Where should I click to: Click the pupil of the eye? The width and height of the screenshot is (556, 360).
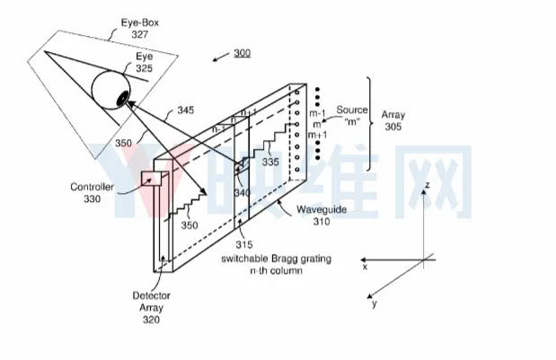[x=122, y=98]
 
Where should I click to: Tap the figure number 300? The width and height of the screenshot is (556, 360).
[x=243, y=53]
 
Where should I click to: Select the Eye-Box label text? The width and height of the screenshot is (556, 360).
[x=140, y=22]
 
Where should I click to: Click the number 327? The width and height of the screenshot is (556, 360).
[x=140, y=35]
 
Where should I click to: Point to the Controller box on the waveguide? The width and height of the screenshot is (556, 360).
[x=152, y=179]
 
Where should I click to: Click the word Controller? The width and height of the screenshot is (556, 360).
[x=93, y=187]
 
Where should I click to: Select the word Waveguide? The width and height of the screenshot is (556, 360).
[x=322, y=209]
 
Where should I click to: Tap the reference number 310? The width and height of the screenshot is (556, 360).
[x=322, y=222]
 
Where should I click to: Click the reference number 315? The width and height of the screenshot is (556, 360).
[x=244, y=244]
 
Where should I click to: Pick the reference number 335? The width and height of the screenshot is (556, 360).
[x=270, y=162]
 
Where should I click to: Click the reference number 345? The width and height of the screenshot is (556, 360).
[x=186, y=110]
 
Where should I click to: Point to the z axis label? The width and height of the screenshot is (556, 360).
[x=428, y=185]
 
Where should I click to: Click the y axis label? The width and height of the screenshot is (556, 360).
[x=375, y=303]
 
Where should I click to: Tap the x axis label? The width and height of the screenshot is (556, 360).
[x=365, y=267]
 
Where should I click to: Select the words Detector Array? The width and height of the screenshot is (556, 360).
[x=152, y=302]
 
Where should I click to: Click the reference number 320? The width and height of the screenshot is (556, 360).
[x=152, y=320]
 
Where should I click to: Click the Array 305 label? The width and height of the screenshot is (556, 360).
[x=393, y=121]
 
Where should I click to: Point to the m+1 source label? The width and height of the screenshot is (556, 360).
[x=317, y=135]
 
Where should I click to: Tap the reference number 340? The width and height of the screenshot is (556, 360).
[x=243, y=193]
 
